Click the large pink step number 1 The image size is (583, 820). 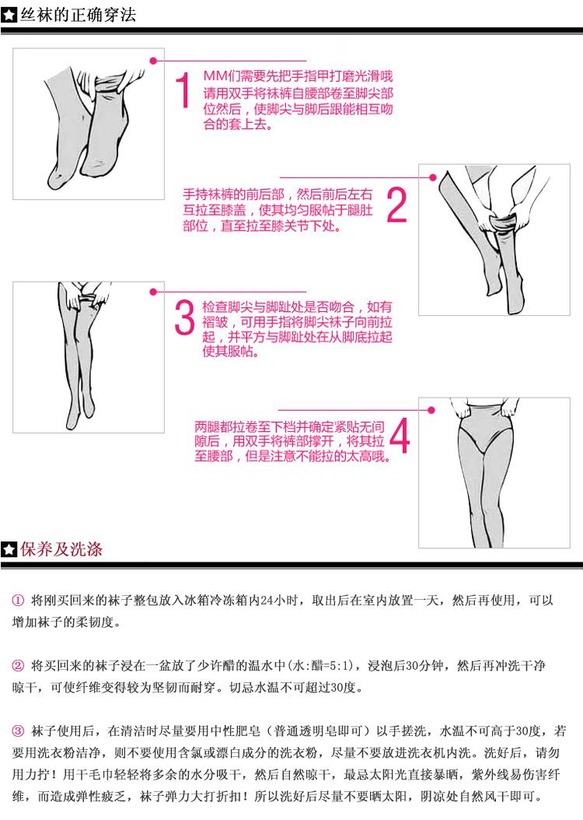point(183,90)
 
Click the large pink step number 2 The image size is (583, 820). point(396,205)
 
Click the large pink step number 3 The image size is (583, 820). point(184,317)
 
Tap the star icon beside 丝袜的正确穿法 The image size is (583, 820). point(9,15)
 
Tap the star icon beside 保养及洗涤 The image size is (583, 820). point(9,549)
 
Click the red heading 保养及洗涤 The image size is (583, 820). point(61,549)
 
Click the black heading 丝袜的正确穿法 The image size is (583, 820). point(78,15)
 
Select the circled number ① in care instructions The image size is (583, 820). point(18,601)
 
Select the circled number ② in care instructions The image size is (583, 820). point(18,666)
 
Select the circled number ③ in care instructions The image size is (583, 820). point(18,731)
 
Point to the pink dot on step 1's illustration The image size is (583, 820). point(153,61)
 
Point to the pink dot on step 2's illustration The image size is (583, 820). point(432,177)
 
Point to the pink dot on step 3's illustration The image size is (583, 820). point(153,292)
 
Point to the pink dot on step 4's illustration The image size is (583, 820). point(431,410)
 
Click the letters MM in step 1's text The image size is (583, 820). point(215,76)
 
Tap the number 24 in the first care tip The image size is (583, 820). point(267,601)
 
